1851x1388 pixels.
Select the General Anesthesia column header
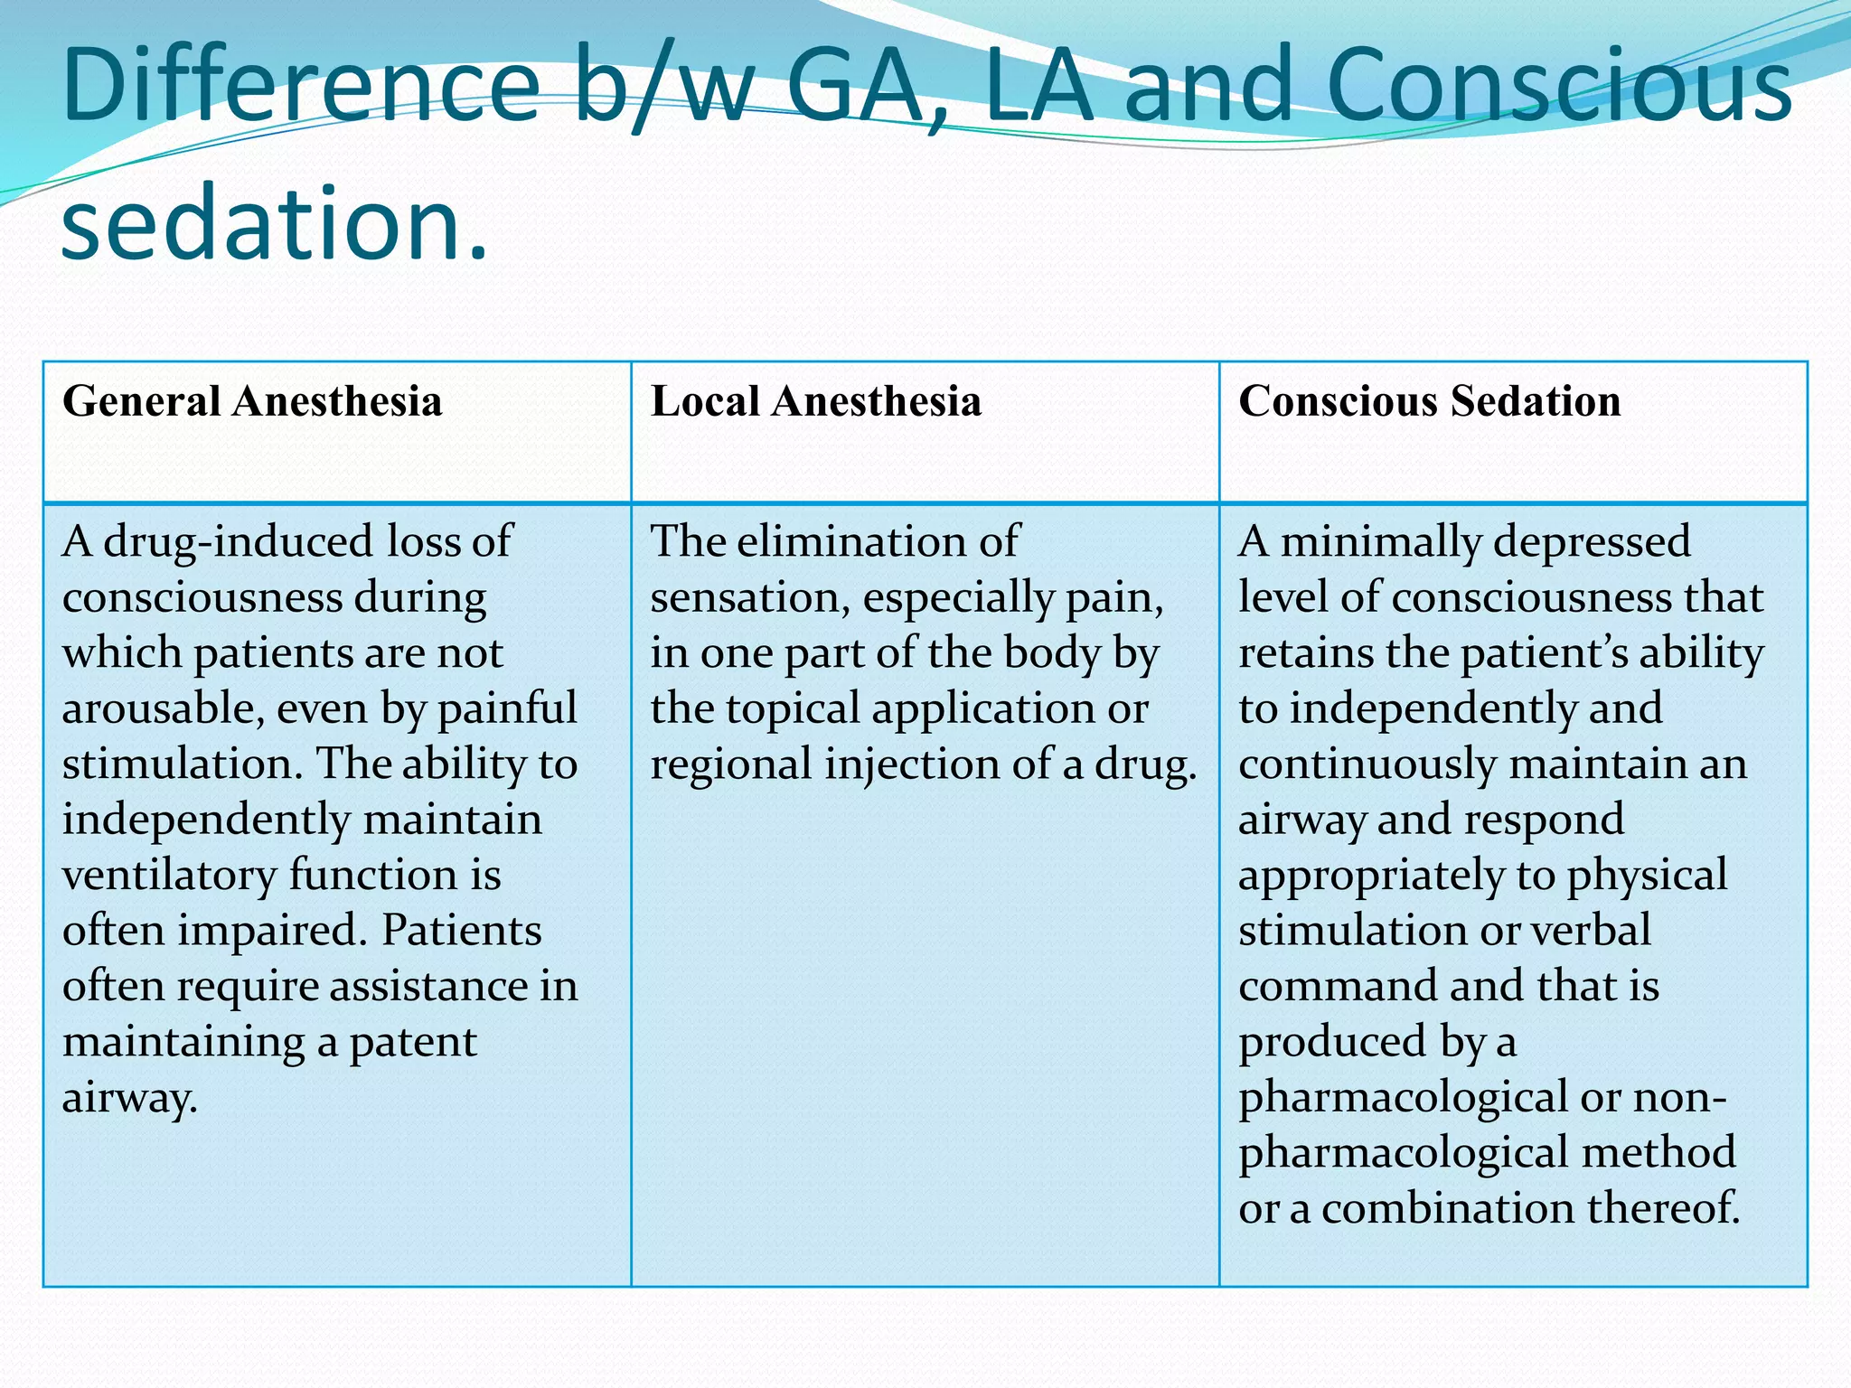tap(252, 401)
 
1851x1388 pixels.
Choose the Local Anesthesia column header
tap(815, 401)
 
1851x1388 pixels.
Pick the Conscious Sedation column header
tap(1429, 401)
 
